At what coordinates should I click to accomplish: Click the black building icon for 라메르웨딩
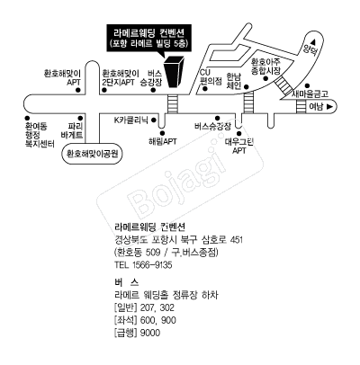pos(174,72)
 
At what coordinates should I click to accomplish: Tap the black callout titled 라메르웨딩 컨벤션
pos(149,39)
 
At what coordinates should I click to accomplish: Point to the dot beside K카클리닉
pos(154,120)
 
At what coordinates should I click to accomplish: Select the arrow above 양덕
pos(314,41)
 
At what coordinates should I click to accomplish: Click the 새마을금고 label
pos(310,94)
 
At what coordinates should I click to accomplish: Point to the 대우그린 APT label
pos(239,146)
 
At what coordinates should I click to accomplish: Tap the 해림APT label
pos(163,141)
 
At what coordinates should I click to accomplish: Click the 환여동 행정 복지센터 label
pos(40,135)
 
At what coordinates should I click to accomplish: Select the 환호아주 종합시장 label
pos(265,67)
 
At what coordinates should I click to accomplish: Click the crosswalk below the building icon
pos(173,104)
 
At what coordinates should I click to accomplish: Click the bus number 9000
pos(150,333)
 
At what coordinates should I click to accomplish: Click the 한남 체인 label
pos(234,81)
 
